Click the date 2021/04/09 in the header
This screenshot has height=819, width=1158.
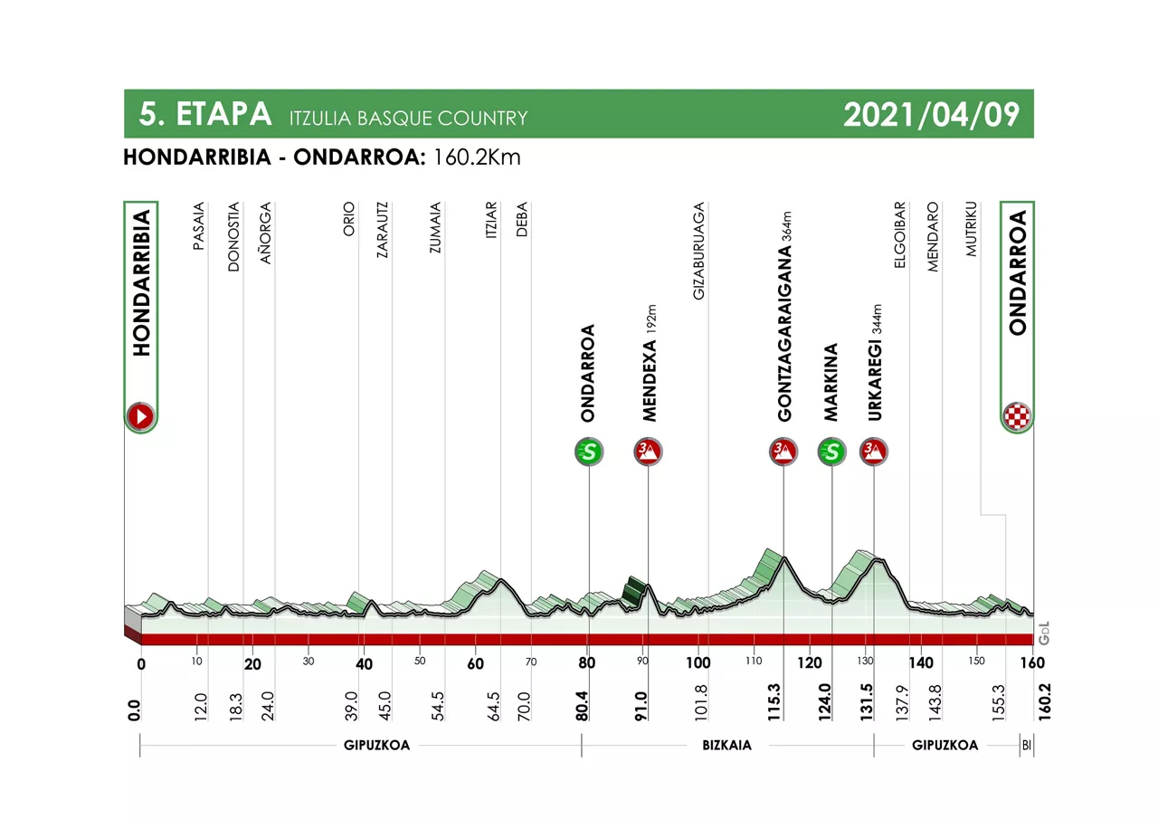coord(931,114)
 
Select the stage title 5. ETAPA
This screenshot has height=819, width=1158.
coord(205,114)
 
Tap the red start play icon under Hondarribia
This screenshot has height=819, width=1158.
coord(141,416)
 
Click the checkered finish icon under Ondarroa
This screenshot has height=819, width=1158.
coord(1017,416)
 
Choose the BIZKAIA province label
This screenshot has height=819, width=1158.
coord(727,746)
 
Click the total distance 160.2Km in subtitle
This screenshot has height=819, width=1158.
coord(478,157)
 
